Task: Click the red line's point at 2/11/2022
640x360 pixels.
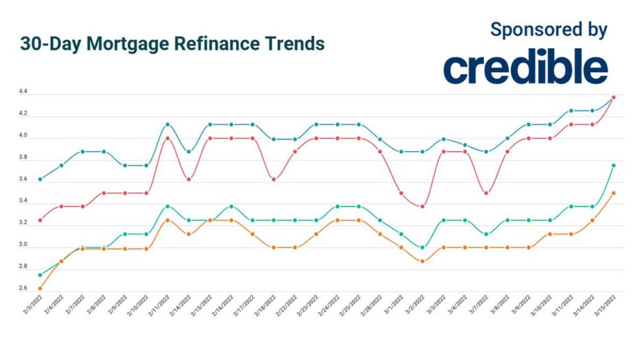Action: tap(168, 138)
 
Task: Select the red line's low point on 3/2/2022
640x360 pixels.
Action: tap(423, 206)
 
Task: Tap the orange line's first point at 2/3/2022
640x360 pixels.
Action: tap(40, 289)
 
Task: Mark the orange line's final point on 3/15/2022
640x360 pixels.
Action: tap(613, 193)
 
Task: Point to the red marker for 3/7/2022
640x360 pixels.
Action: tap(486, 193)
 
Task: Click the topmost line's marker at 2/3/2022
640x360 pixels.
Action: tap(40, 179)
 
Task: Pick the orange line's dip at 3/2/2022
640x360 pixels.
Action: tap(423, 261)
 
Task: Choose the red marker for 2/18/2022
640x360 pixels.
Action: tap(274, 179)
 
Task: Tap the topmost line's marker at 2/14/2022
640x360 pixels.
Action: tap(189, 152)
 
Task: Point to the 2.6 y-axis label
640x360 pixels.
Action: tap(24, 289)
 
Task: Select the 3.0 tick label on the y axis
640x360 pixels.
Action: tap(24, 245)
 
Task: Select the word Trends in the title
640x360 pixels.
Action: tap(290, 44)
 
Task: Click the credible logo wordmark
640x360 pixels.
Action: tap(525, 67)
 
